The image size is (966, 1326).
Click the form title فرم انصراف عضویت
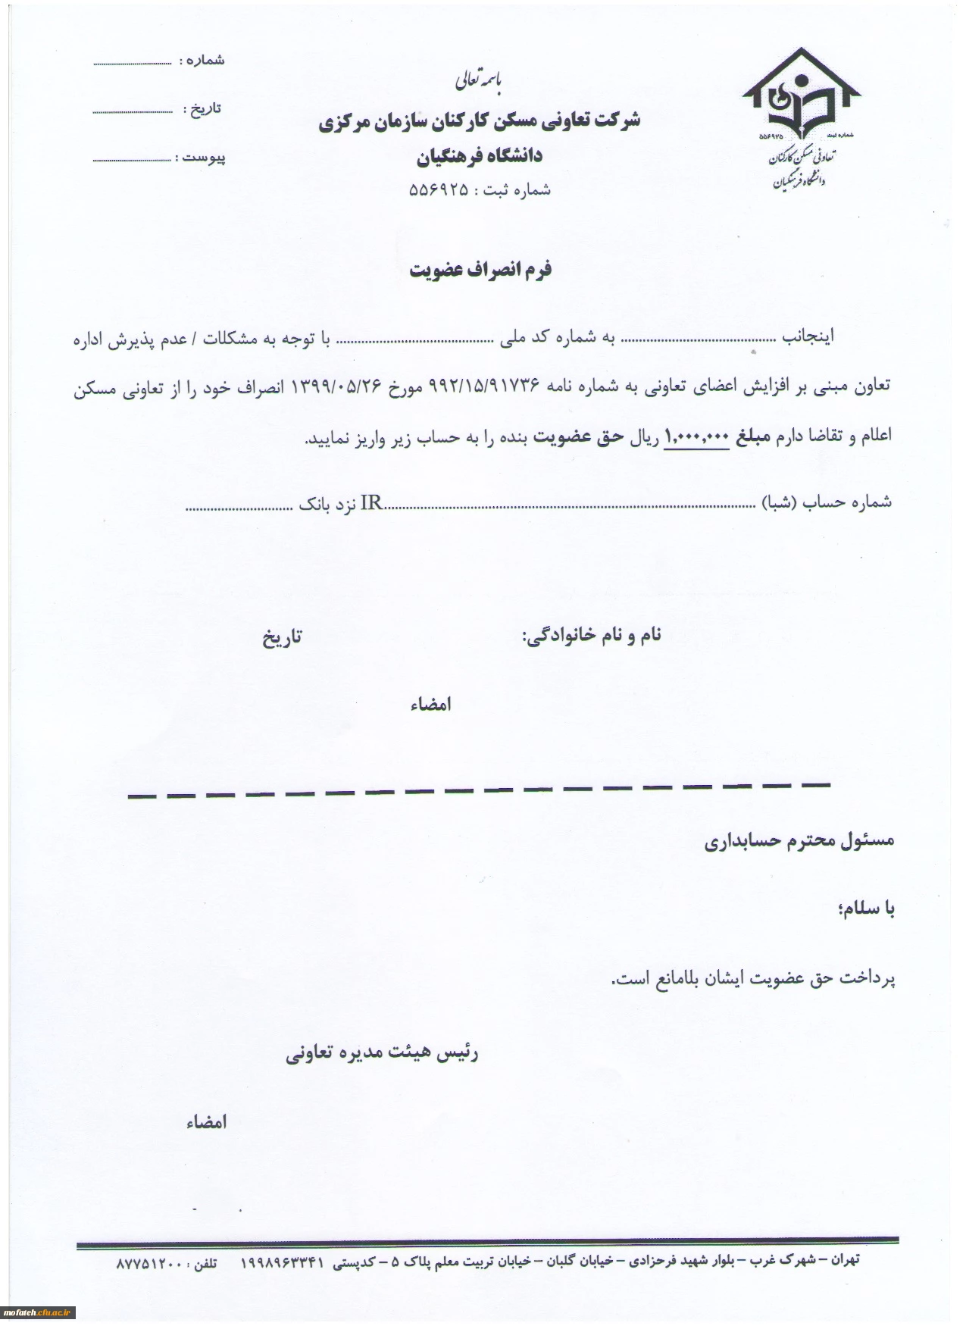point(480,271)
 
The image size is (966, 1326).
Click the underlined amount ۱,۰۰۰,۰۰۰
point(696,436)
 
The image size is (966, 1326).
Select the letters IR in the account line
point(370,502)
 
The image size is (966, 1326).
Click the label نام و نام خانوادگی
point(592,635)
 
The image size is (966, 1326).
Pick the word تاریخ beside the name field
point(281,637)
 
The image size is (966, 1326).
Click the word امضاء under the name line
point(430,705)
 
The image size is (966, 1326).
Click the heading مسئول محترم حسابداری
point(799,841)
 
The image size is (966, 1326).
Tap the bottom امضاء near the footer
point(205,1122)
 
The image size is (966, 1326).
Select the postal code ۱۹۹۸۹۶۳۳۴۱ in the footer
point(282,1263)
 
